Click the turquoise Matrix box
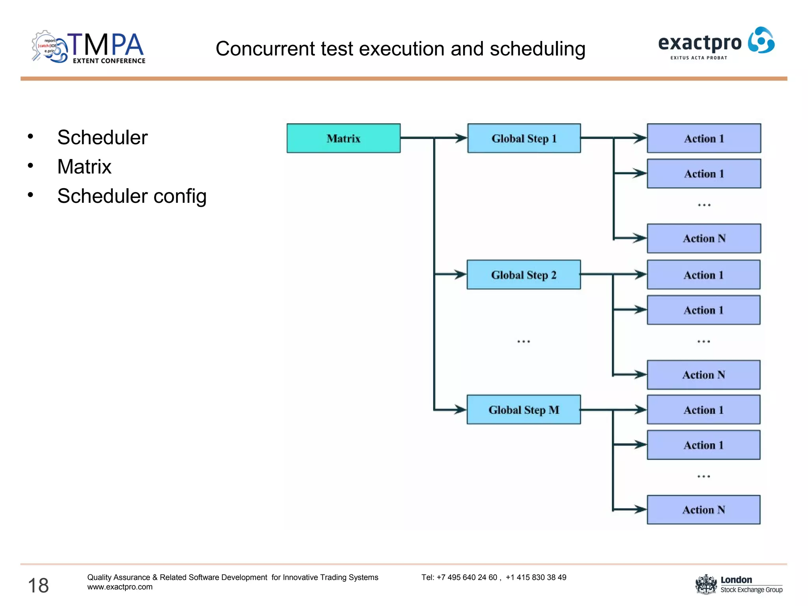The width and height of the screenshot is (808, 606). [343, 138]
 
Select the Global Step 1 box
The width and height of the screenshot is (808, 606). [524, 138]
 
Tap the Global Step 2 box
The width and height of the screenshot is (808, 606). [524, 275]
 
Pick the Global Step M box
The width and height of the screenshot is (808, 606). [524, 410]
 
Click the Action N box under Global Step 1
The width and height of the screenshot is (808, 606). [704, 238]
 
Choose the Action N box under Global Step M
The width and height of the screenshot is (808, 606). [703, 509]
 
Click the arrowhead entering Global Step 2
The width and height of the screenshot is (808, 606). [460, 274]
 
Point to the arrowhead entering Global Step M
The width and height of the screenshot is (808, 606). [460, 410]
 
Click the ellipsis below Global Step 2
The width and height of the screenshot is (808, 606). [524, 341]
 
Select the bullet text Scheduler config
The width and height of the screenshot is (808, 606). [132, 196]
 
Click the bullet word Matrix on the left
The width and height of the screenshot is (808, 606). [84, 166]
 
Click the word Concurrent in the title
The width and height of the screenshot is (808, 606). [265, 49]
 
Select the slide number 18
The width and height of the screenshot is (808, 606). [38, 585]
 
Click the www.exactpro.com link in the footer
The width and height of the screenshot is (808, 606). [120, 587]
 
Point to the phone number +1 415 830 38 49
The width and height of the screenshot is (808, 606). [536, 577]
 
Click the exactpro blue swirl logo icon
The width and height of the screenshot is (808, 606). [761, 40]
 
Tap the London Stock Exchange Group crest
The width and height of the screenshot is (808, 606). [706, 584]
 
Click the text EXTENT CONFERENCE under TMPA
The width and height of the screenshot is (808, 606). [109, 61]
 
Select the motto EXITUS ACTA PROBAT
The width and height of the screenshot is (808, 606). [698, 58]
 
